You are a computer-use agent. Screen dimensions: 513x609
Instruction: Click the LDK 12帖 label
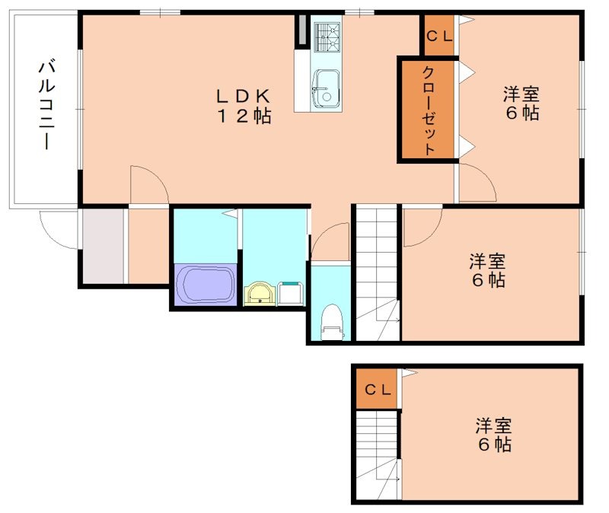click(243, 106)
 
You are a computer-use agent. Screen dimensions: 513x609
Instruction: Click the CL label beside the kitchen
click(438, 35)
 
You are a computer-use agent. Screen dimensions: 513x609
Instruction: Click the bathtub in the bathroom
click(206, 284)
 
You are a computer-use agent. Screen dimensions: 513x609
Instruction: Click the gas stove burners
click(328, 35)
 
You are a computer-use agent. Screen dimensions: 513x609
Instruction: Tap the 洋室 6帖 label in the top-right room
click(521, 104)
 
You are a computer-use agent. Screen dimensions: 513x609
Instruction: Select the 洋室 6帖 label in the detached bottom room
click(494, 435)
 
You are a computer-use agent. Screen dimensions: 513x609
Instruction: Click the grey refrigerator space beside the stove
click(302, 30)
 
